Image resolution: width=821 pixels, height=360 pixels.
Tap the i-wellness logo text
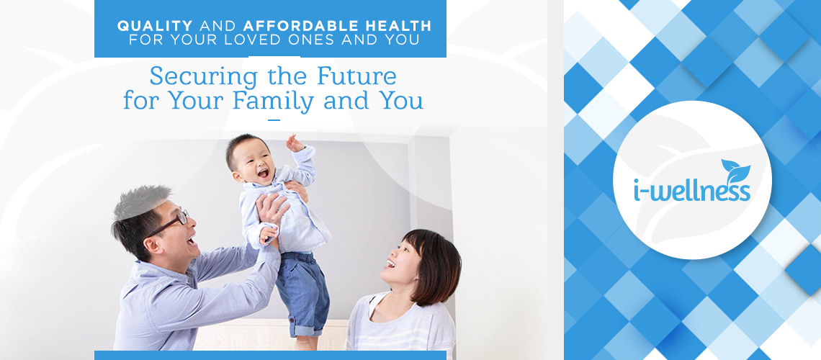tap(692, 191)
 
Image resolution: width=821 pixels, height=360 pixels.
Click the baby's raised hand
tap(295, 143)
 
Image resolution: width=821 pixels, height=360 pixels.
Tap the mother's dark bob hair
tap(433, 264)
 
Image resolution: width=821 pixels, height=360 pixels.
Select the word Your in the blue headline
tap(199, 101)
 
